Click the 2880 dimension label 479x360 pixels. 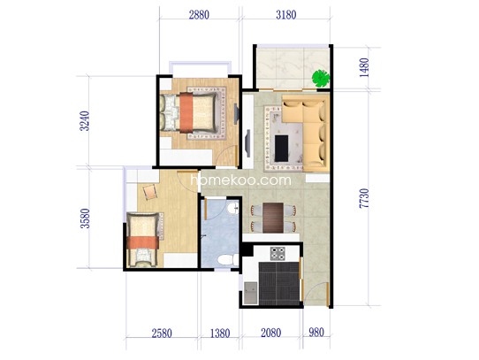point(199,15)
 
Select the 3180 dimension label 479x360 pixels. point(286,15)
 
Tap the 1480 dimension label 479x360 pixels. point(364,67)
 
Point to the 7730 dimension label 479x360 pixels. point(364,198)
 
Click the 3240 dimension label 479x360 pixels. point(85,121)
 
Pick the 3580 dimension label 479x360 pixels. point(85,218)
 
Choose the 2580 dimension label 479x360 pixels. point(162,333)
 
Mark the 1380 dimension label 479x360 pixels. point(220,333)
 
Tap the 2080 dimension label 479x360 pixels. point(271,333)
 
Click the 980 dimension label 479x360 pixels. point(316,333)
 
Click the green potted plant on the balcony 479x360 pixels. point(321,79)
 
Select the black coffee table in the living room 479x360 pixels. point(281,148)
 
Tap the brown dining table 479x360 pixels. point(273,218)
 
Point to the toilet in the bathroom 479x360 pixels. point(228,260)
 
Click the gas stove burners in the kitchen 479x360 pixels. point(278,254)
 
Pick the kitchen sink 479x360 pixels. point(250,293)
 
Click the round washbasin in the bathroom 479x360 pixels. point(232,208)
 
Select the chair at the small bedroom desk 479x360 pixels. point(150,192)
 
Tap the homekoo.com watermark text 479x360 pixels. point(240,180)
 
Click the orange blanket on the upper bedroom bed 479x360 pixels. point(186,112)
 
